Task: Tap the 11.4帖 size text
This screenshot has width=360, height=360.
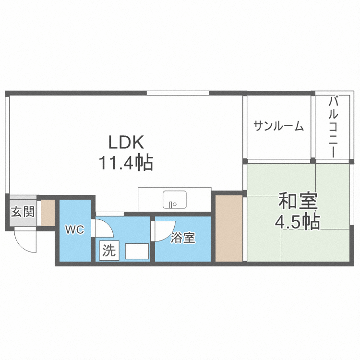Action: tap(126, 163)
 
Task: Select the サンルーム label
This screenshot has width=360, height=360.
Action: tap(279, 126)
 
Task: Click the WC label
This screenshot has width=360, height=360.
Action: tap(75, 230)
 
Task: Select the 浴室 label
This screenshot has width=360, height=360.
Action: tap(183, 238)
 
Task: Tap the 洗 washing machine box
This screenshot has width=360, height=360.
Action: tap(109, 251)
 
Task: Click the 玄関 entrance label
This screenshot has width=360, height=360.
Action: tap(22, 211)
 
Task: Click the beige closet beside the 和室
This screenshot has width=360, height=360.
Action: tap(229, 228)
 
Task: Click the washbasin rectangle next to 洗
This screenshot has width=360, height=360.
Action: tap(136, 251)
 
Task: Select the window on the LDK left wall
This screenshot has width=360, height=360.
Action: tap(7, 144)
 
